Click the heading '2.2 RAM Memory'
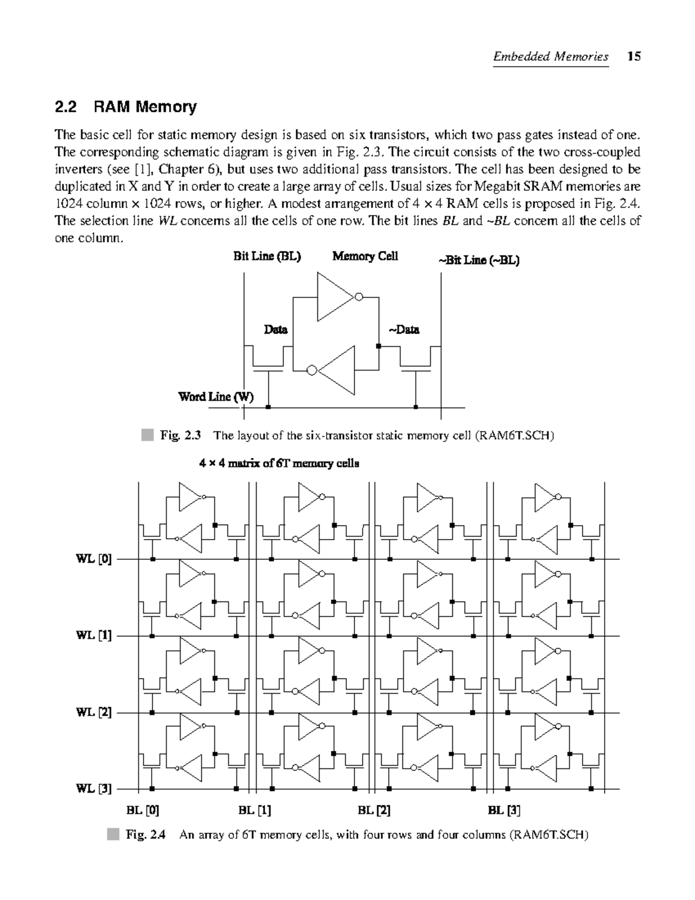125,107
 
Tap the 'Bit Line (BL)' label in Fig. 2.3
267,256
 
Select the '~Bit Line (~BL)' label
478,260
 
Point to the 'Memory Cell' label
365,256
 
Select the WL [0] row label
94,559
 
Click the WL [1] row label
94,636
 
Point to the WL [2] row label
94,713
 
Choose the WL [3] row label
94,789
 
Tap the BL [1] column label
255,810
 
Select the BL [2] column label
374,810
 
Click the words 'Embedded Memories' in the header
550,56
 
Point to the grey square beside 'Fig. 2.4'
112,835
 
